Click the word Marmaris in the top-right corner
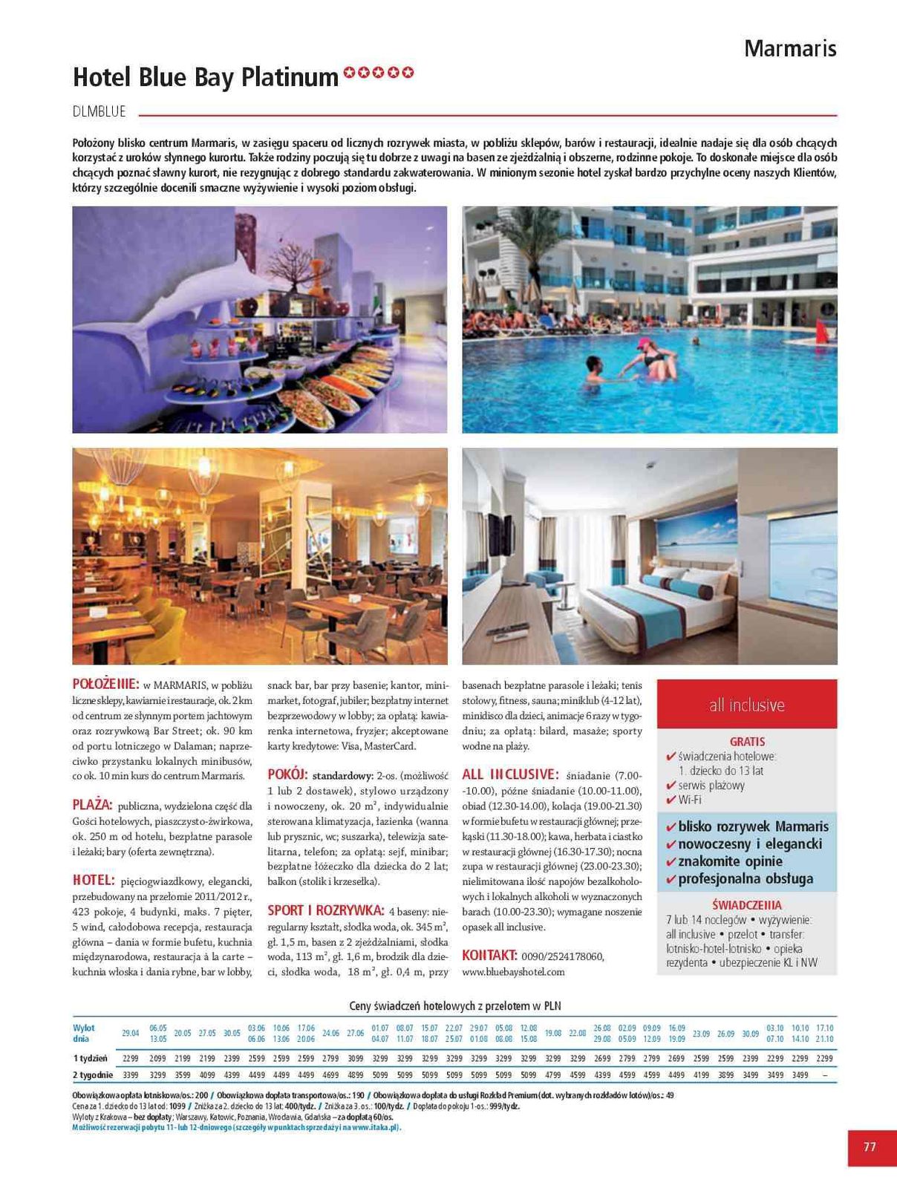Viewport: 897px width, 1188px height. [x=789, y=49]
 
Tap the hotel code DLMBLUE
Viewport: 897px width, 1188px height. [x=100, y=112]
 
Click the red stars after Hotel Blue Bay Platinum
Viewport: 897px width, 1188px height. [x=379, y=73]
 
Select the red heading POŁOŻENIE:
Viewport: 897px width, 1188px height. [x=105, y=684]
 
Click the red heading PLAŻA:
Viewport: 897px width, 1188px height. [x=92, y=805]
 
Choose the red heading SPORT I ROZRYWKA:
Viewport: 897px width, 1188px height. [x=325, y=910]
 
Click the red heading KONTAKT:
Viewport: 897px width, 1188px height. [x=489, y=955]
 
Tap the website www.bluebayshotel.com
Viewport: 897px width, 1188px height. [x=513, y=971]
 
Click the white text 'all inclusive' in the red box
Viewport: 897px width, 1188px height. [x=746, y=705]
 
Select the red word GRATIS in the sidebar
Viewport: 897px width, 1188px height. [x=747, y=742]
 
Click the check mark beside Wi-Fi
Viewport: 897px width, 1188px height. [x=671, y=800]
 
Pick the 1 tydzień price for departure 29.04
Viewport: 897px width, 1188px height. [x=130, y=1058]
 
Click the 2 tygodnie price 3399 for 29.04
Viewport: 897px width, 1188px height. [x=130, y=1074]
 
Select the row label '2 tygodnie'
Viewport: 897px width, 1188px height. [x=93, y=1074]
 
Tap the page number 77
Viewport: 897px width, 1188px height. [x=870, y=1146]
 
